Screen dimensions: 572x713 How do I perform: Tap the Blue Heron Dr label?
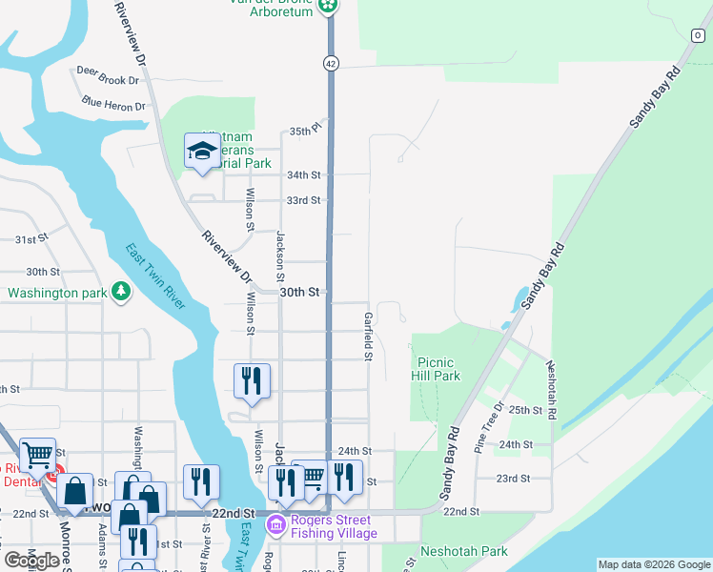tap(113, 103)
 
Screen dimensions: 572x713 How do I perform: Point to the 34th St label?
tap(303, 175)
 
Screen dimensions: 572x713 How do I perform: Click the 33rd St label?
tap(303, 200)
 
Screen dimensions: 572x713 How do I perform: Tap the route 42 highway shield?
tap(330, 63)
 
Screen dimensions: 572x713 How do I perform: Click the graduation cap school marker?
tap(202, 151)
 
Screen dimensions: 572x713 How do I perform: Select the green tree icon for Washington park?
tap(121, 291)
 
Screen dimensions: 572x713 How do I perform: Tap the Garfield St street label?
tap(367, 336)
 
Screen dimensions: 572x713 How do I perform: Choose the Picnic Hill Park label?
tap(438, 369)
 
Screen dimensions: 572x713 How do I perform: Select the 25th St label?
tap(525, 410)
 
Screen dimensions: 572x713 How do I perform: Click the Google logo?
tap(31, 561)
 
